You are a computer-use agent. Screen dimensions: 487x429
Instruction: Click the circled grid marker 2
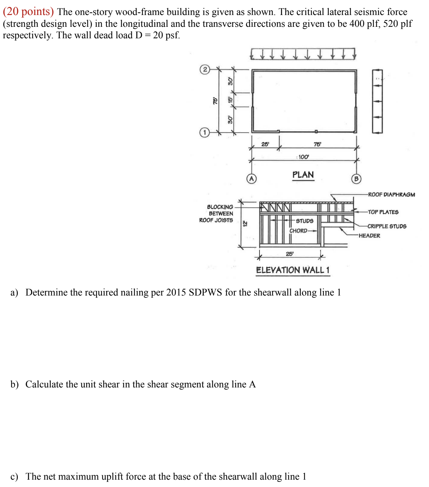tap(205, 69)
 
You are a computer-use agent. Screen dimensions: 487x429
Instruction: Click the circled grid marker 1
tap(204, 132)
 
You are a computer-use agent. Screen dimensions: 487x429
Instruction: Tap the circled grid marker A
tap(252, 179)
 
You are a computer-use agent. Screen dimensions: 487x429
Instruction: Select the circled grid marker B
tap(356, 179)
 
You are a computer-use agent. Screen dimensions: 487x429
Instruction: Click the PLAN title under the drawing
tap(303, 175)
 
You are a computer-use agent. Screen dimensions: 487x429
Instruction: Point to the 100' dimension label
tap(303, 157)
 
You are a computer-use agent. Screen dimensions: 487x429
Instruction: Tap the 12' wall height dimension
tap(245, 224)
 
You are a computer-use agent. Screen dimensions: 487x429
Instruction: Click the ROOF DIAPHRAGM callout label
tap(391, 195)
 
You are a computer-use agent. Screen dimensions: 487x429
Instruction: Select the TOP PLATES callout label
tap(383, 212)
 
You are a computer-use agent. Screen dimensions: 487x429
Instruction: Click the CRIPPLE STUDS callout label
tap(387, 226)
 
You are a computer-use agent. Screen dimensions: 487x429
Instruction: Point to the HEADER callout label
tap(369, 236)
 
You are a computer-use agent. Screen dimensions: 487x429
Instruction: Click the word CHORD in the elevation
tap(298, 231)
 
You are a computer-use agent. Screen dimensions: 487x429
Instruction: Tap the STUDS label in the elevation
tap(305, 221)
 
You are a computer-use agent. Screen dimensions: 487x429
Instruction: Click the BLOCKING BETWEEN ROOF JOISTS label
tap(216, 214)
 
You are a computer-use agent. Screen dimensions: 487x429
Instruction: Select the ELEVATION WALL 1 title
tap(293, 270)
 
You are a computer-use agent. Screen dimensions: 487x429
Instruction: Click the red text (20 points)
tap(28, 11)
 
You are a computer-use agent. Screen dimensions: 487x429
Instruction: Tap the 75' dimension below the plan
tap(317, 144)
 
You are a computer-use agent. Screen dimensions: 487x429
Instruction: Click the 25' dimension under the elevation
tap(290, 254)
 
